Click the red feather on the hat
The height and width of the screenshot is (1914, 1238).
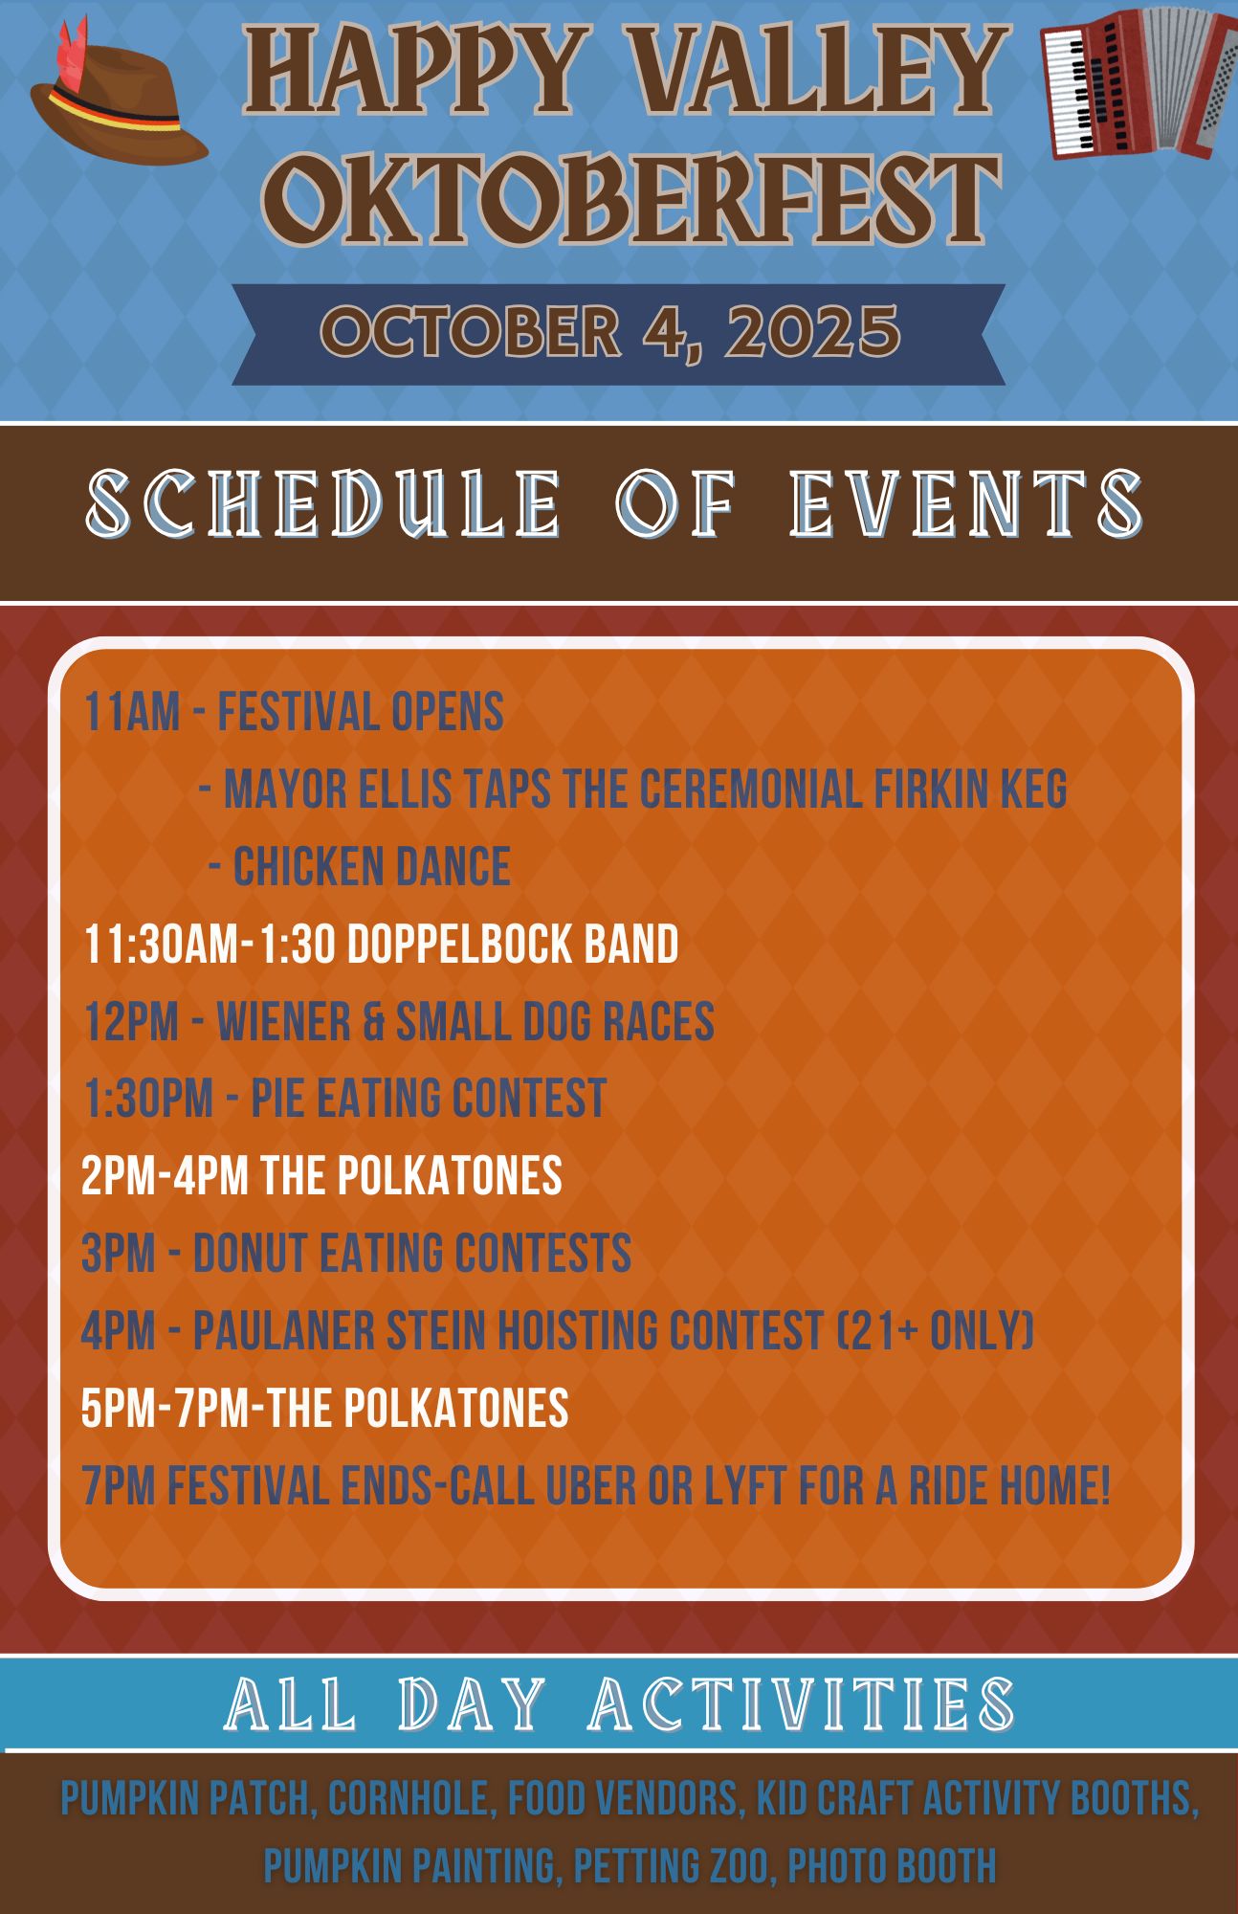pos(71,56)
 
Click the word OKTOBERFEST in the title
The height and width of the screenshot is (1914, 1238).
pos(632,201)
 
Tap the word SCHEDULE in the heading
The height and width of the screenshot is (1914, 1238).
pos(323,502)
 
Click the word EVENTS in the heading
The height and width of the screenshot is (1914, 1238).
pos(967,502)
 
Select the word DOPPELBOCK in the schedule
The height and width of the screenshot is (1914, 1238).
pos(459,945)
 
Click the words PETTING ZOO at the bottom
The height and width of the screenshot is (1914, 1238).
pos(674,1866)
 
